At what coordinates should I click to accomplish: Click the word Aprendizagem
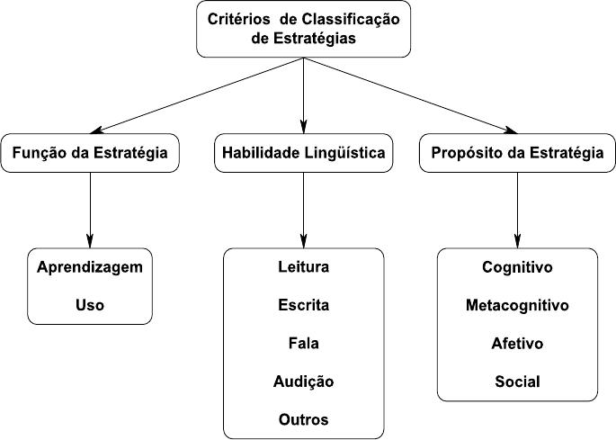[x=90, y=268]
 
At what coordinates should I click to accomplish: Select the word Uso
[x=90, y=305]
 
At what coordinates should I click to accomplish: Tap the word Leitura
[x=303, y=266]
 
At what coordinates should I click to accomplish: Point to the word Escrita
[x=303, y=305]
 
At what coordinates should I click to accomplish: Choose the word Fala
[x=303, y=343]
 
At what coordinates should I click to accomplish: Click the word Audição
[x=303, y=382]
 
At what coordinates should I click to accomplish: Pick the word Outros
[x=303, y=419]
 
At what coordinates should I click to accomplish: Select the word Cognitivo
[x=517, y=267]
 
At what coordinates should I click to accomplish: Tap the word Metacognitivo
[x=517, y=306]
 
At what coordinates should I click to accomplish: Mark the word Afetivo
[x=517, y=343]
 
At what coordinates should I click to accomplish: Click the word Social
[x=517, y=382]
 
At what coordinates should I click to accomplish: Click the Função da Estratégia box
[x=90, y=153]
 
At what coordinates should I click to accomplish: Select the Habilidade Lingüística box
[x=303, y=153]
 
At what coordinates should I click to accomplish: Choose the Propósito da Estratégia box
[x=517, y=153]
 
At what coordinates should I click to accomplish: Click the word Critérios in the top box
[x=239, y=19]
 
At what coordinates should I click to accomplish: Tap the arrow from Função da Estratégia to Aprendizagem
[x=90, y=211]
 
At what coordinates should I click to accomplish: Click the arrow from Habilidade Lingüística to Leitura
[x=303, y=211]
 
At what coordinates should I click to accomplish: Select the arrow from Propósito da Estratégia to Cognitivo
[x=517, y=211]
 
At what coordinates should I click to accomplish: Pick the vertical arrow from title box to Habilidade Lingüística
[x=303, y=95]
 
